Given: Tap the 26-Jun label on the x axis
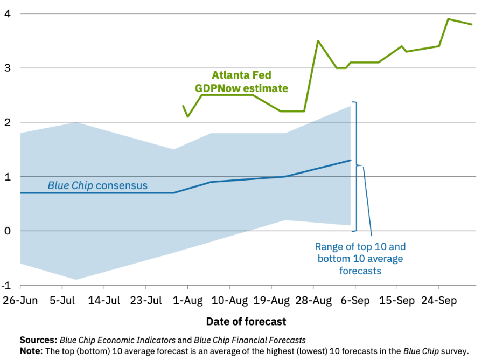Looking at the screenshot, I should pos(20,301).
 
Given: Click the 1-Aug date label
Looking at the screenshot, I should pos(188,301).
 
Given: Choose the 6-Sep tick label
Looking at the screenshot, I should pos(355,301).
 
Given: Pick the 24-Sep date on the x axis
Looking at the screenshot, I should pos(439,301).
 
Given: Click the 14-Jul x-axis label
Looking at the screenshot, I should pos(104,301).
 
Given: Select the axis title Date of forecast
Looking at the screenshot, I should pos(246,322).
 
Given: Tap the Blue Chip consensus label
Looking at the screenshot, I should pos(97,186).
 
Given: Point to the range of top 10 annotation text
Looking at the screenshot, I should pos(360,259).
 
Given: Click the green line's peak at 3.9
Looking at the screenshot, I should pos(448,19).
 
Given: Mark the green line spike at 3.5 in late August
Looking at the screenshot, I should pos(318,40).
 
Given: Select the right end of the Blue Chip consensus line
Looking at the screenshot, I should pos(351,160).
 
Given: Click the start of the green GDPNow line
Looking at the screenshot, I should pos(183,106).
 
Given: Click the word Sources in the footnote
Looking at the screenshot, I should pos(38,340).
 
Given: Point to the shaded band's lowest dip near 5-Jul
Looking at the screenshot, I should pos(76,279).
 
